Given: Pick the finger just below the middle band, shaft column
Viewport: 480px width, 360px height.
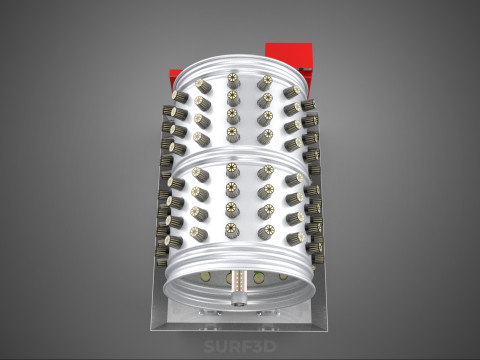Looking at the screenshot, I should point(232,169).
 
